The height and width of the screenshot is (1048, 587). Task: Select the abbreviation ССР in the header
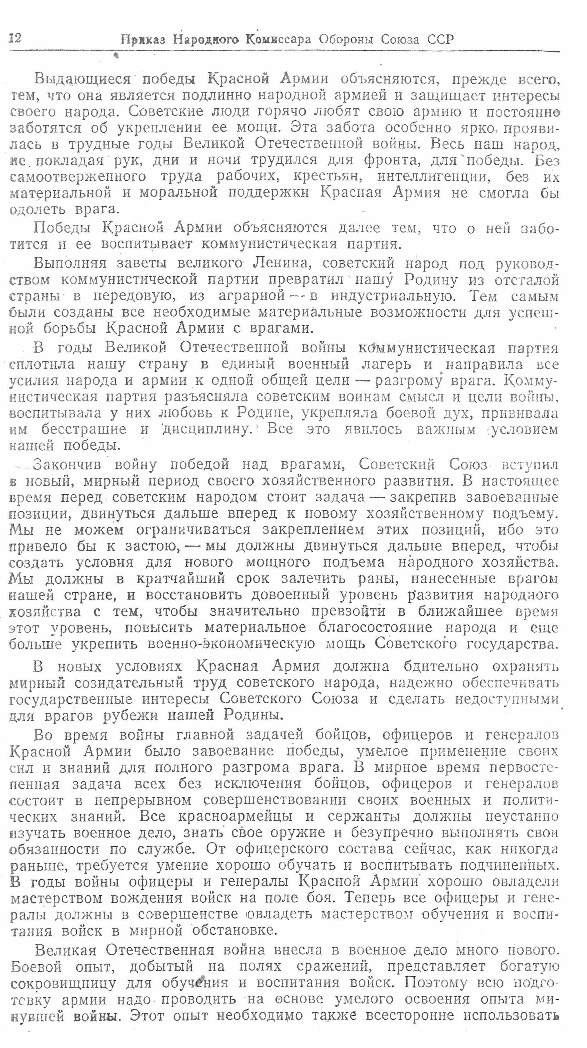440,39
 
